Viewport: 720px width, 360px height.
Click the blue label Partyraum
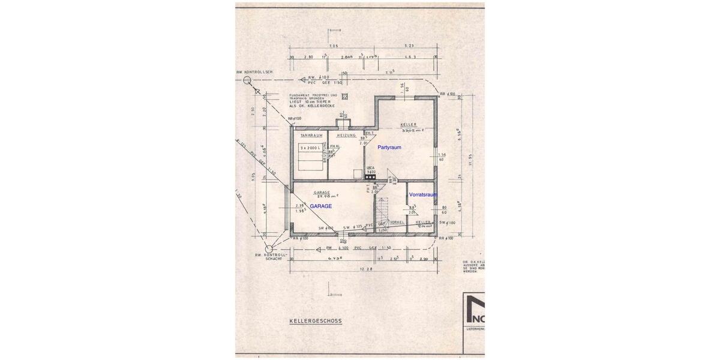(389, 147)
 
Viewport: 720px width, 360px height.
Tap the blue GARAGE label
(321, 205)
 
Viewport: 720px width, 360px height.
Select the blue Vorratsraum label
(422, 195)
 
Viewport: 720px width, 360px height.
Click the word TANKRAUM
(311, 136)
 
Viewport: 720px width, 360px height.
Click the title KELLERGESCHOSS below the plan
(315, 321)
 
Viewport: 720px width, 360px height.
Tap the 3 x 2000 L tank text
(310, 147)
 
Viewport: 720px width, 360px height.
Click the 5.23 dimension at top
(410, 46)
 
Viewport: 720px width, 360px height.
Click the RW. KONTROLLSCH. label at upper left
(255, 72)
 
